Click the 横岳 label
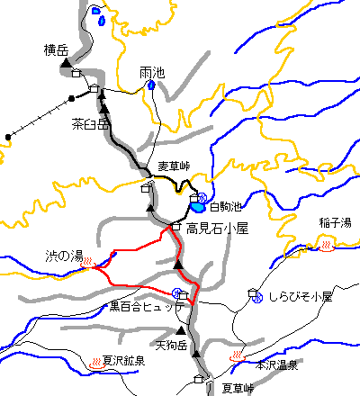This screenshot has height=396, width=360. pyautogui.click(x=57, y=50)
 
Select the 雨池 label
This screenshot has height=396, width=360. pyautogui.click(x=152, y=73)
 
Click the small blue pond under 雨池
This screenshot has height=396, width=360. pyautogui.click(x=151, y=86)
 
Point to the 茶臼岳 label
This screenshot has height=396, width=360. pyautogui.click(x=89, y=125)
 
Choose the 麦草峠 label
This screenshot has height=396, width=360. pyautogui.click(x=174, y=166)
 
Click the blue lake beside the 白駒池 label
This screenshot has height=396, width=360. pyautogui.click(x=198, y=209)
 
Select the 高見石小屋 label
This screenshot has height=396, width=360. pyautogui.click(x=216, y=229)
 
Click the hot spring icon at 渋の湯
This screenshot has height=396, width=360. pyautogui.click(x=88, y=262)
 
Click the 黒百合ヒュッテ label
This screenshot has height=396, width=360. pyautogui.click(x=147, y=307)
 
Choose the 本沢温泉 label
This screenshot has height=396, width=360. pyautogui.click(x=275, y=365)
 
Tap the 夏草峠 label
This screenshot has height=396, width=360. pyautogui.click(x=238, y=388)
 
